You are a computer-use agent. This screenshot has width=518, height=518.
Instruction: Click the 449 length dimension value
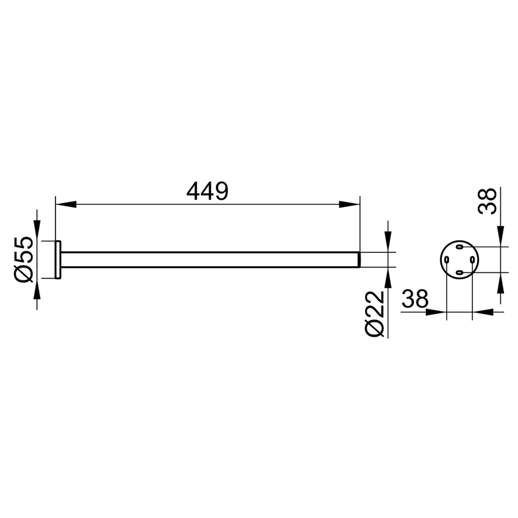click(207, 191)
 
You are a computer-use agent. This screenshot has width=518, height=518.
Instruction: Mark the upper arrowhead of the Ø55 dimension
click(37, 232)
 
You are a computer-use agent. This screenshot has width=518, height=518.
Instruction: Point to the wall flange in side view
click(58, 260)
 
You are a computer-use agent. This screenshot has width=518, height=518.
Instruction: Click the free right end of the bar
click(358, 260)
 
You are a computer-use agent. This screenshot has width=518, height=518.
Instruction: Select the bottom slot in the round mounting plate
click(459, 272)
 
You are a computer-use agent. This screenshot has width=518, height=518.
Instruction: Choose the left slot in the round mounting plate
click(447, 260)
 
